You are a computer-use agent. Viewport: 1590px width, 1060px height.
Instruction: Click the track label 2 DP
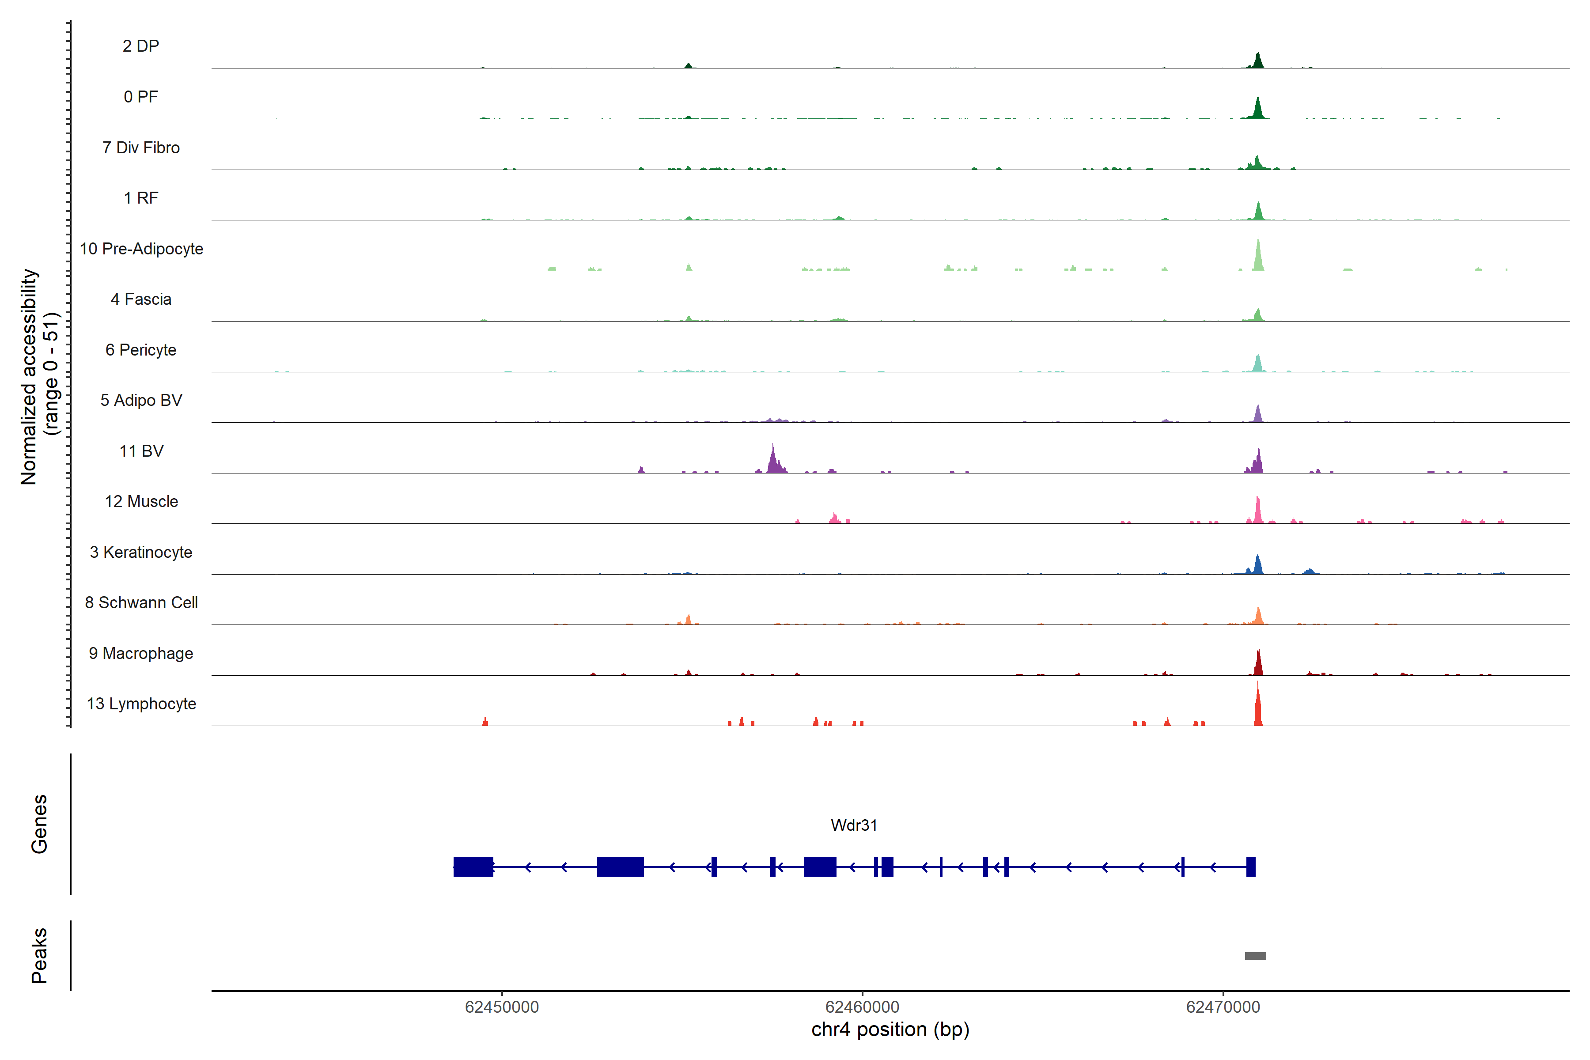click(x=140, y=46)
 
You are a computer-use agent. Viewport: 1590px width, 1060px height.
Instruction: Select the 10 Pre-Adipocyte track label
click(x=141, y=249)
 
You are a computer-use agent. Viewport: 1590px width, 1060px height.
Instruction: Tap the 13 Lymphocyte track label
click(x=141, y=704)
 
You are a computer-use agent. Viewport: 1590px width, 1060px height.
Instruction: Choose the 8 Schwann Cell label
click(x=141, y=602)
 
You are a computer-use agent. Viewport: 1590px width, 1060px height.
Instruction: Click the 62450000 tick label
click(x=502, y=1007)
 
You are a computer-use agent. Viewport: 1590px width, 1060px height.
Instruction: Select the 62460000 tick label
click(x=862, y=1007)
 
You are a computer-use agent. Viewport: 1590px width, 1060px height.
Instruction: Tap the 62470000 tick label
click(x=1223, y=1007)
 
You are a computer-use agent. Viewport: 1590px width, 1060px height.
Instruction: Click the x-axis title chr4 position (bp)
click(x=890, y=1030)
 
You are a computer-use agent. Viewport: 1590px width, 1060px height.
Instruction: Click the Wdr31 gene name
click(x=854, y=825)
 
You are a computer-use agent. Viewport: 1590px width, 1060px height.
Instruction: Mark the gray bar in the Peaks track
click(x=1255, y=956)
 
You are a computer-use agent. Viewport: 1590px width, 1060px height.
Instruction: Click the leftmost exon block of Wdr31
click(x=473, y=867)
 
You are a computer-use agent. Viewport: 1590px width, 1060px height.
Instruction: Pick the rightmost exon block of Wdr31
click(x=1251, y=867)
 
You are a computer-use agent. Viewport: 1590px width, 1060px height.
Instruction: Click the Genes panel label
click(x=39, y=824)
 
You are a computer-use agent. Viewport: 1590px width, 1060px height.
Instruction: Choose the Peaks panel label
click(x=39, y=955)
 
